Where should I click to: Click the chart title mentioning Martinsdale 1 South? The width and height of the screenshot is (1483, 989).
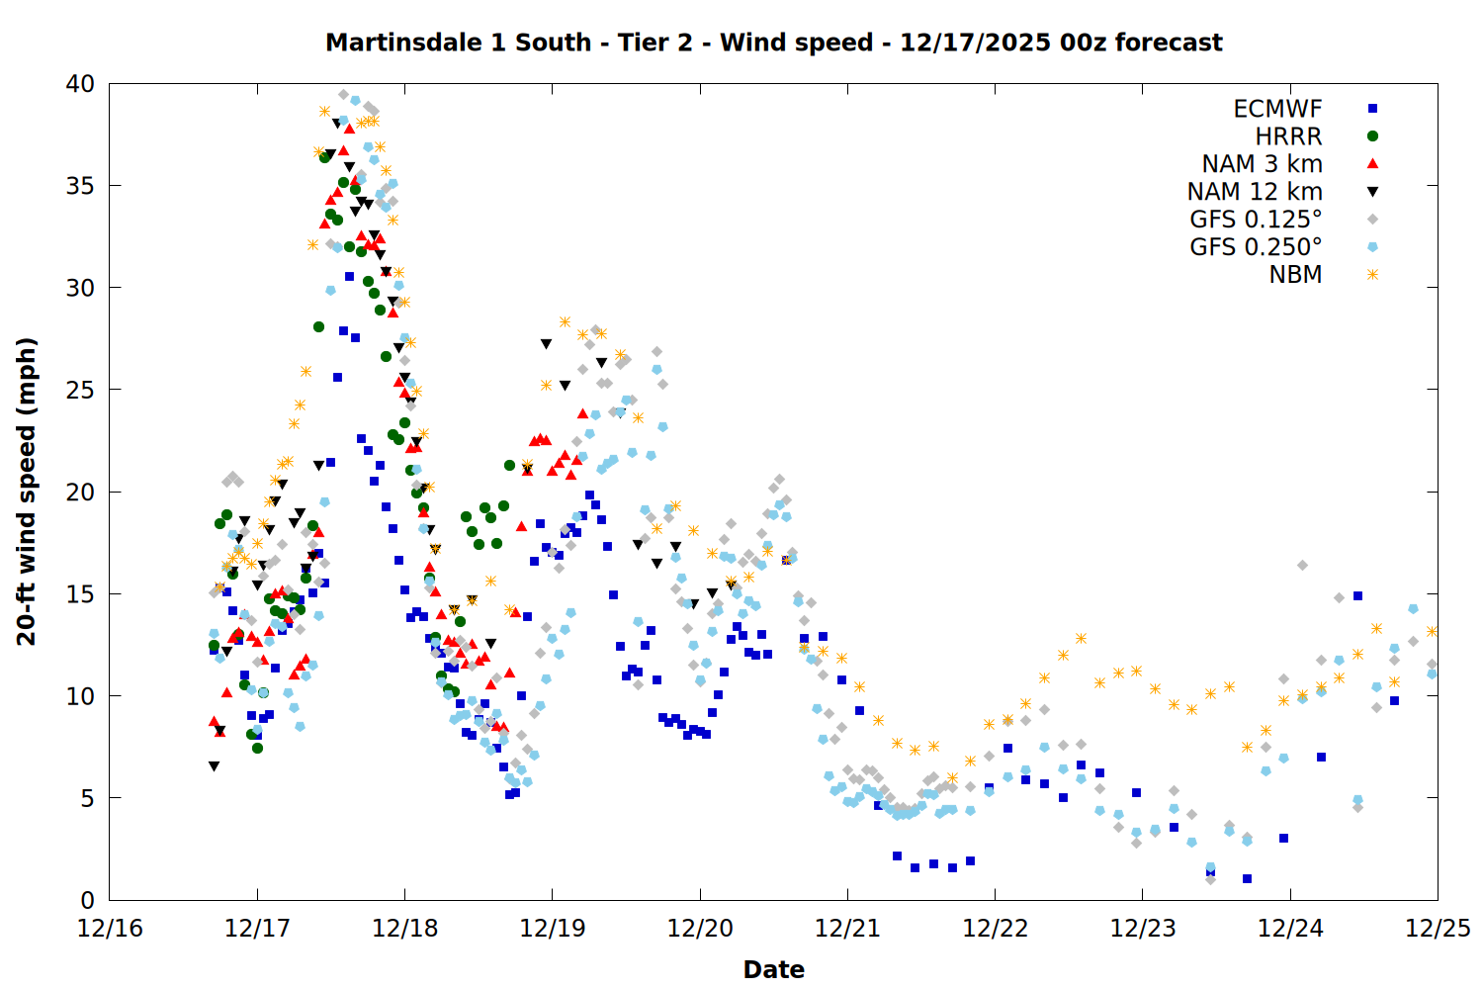pos(773,43)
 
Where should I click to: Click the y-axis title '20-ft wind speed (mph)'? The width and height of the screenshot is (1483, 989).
pos(27,492)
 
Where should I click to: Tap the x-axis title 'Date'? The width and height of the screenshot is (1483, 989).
pos(773,969)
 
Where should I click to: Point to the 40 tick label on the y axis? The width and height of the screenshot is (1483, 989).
pos(80,85)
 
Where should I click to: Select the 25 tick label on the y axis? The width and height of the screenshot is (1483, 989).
pos(80,391)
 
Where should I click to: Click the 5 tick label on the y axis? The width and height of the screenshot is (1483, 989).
pos(87,798)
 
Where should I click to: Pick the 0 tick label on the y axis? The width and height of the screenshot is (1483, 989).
pos(87,900)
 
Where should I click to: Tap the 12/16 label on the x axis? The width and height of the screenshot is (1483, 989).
pos(110,930)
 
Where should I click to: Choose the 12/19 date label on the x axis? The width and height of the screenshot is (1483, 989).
pos(552,930)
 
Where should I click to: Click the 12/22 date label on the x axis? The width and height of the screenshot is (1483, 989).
pos(995,930)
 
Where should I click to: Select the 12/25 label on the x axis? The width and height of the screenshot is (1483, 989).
pos(1437,930)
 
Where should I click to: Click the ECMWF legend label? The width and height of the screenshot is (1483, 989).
pos(1277,109)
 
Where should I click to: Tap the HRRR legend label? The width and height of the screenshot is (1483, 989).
pos(1288,136)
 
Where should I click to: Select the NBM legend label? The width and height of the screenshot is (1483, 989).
pos(1295,275)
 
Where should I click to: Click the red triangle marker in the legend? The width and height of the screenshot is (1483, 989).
pos(1372,164)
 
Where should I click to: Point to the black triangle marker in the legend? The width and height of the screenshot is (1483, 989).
pos(1372,192)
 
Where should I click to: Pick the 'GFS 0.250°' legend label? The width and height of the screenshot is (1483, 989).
pos(1256,247)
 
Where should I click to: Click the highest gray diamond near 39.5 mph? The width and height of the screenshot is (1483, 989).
pos(343,95)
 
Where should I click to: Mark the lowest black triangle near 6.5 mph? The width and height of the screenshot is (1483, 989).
pos(214,766)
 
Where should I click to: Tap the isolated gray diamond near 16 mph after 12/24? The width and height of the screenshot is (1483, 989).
pos(1302,566)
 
